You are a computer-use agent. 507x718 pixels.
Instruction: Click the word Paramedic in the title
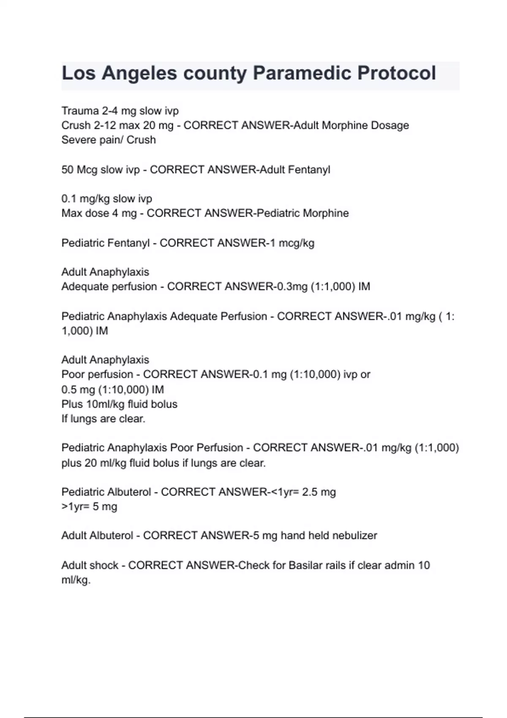(x=302, y=73)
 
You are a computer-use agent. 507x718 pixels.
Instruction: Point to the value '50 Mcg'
(x=79, y=170)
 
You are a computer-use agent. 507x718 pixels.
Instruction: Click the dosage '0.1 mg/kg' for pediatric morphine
(x=85, y=199)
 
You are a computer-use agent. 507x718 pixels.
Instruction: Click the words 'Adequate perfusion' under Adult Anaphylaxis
(x=109, y=287)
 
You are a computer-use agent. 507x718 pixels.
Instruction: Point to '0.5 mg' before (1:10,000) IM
(x=78, y=389)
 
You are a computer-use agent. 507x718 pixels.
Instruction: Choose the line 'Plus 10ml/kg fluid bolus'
(x=119, y=404)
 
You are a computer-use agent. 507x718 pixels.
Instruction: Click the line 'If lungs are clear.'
(x=103, y=419)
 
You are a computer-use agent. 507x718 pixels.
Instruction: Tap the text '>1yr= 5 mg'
(x=89, y=506)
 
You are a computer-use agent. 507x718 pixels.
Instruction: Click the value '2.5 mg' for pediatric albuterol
(x=319, y=492)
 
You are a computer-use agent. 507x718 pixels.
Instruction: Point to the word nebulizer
(x=354, y=536)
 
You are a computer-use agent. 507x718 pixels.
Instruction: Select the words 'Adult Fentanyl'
(x=294, y=170)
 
